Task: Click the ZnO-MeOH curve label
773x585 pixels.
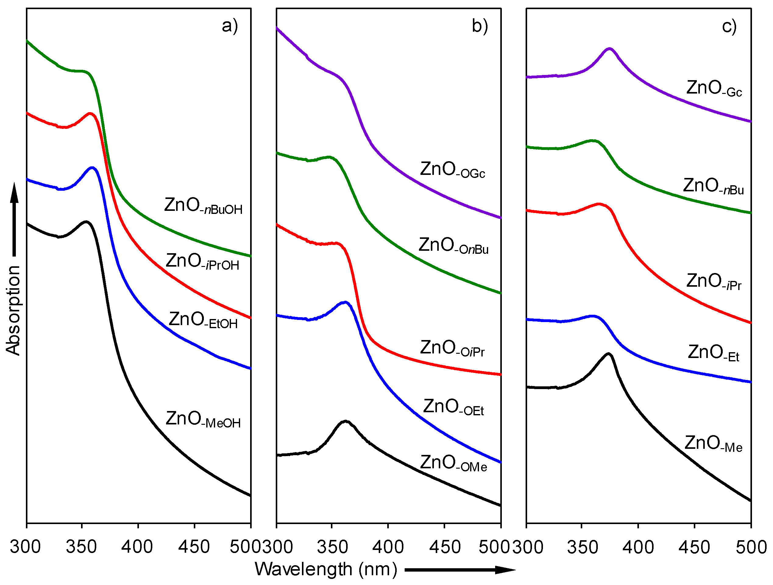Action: click(203, 419)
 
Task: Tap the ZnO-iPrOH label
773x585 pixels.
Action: click(202, 262)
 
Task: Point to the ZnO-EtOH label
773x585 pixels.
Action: click(203, 320)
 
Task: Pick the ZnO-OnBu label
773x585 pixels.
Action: click(453, 246)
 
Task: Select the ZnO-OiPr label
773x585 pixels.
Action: click(452, 349)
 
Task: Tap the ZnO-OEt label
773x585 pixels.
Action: click(453, 407)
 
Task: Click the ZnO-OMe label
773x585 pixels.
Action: click(453, 463)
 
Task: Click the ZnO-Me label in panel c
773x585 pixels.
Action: click(713, 444)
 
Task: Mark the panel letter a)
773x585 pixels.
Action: click(230, 26)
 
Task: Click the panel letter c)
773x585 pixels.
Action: click(729, 26)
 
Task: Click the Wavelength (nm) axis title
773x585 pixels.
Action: click(326, 569)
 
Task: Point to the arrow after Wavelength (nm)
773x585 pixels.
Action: click(459, 570)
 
